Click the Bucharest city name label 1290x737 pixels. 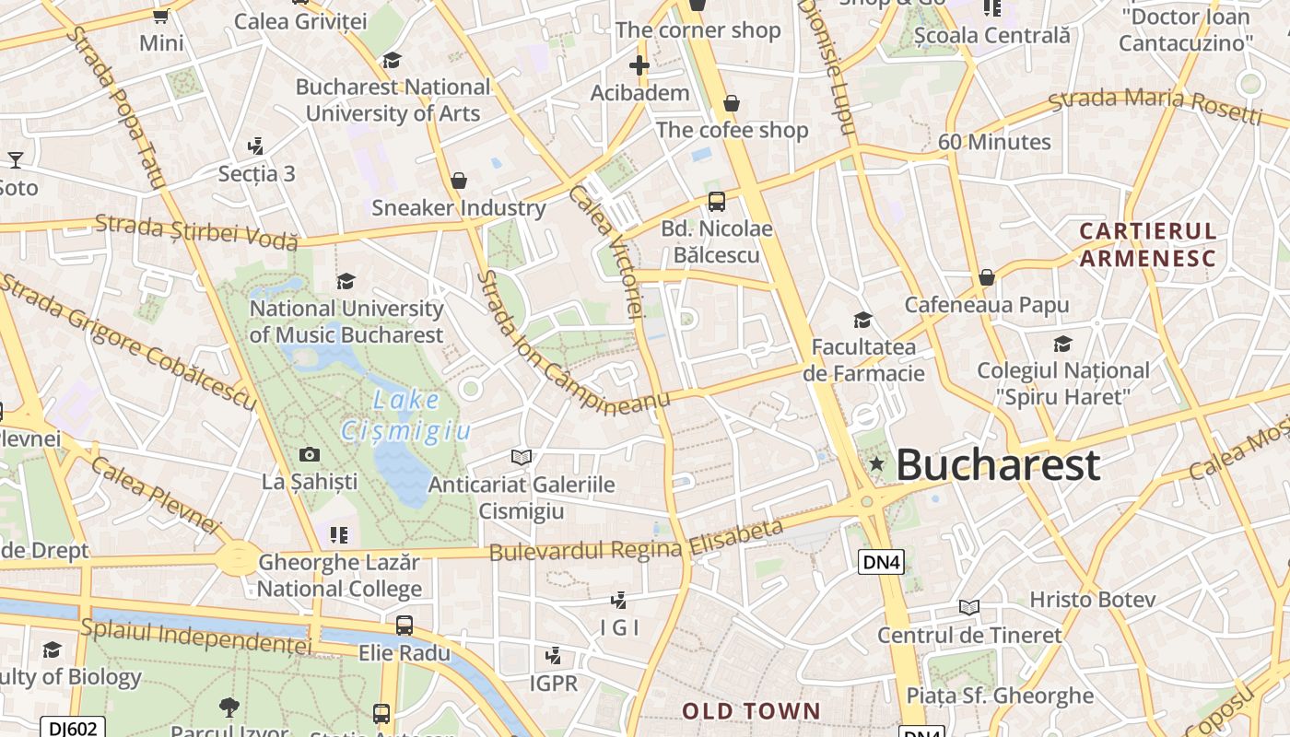[998, 464]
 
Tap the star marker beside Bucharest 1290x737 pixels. [876, 464]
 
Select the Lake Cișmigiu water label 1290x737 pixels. [406, 415]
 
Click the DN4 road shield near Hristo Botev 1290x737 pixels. [881, 562]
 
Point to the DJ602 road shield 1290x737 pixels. [72, 728]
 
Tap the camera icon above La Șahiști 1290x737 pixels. [310, 454]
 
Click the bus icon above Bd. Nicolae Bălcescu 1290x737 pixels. [716, 202]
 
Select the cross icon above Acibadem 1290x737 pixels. [639, 65]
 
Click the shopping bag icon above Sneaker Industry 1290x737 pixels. [459, 181]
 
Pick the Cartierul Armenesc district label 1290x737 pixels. [1147, 244]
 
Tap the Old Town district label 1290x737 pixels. [751, 710]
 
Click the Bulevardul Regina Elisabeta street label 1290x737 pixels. [636, 543]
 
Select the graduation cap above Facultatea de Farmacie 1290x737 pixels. [862, 320]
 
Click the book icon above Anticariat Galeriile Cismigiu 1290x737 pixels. [522, 457]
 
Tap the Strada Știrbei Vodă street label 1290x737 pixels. [196, 230]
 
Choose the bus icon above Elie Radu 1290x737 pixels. [405, 626]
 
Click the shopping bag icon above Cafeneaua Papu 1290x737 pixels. [987, 277]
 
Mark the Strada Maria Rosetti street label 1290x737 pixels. [1155, 105]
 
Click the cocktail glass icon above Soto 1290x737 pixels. [16, 160]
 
